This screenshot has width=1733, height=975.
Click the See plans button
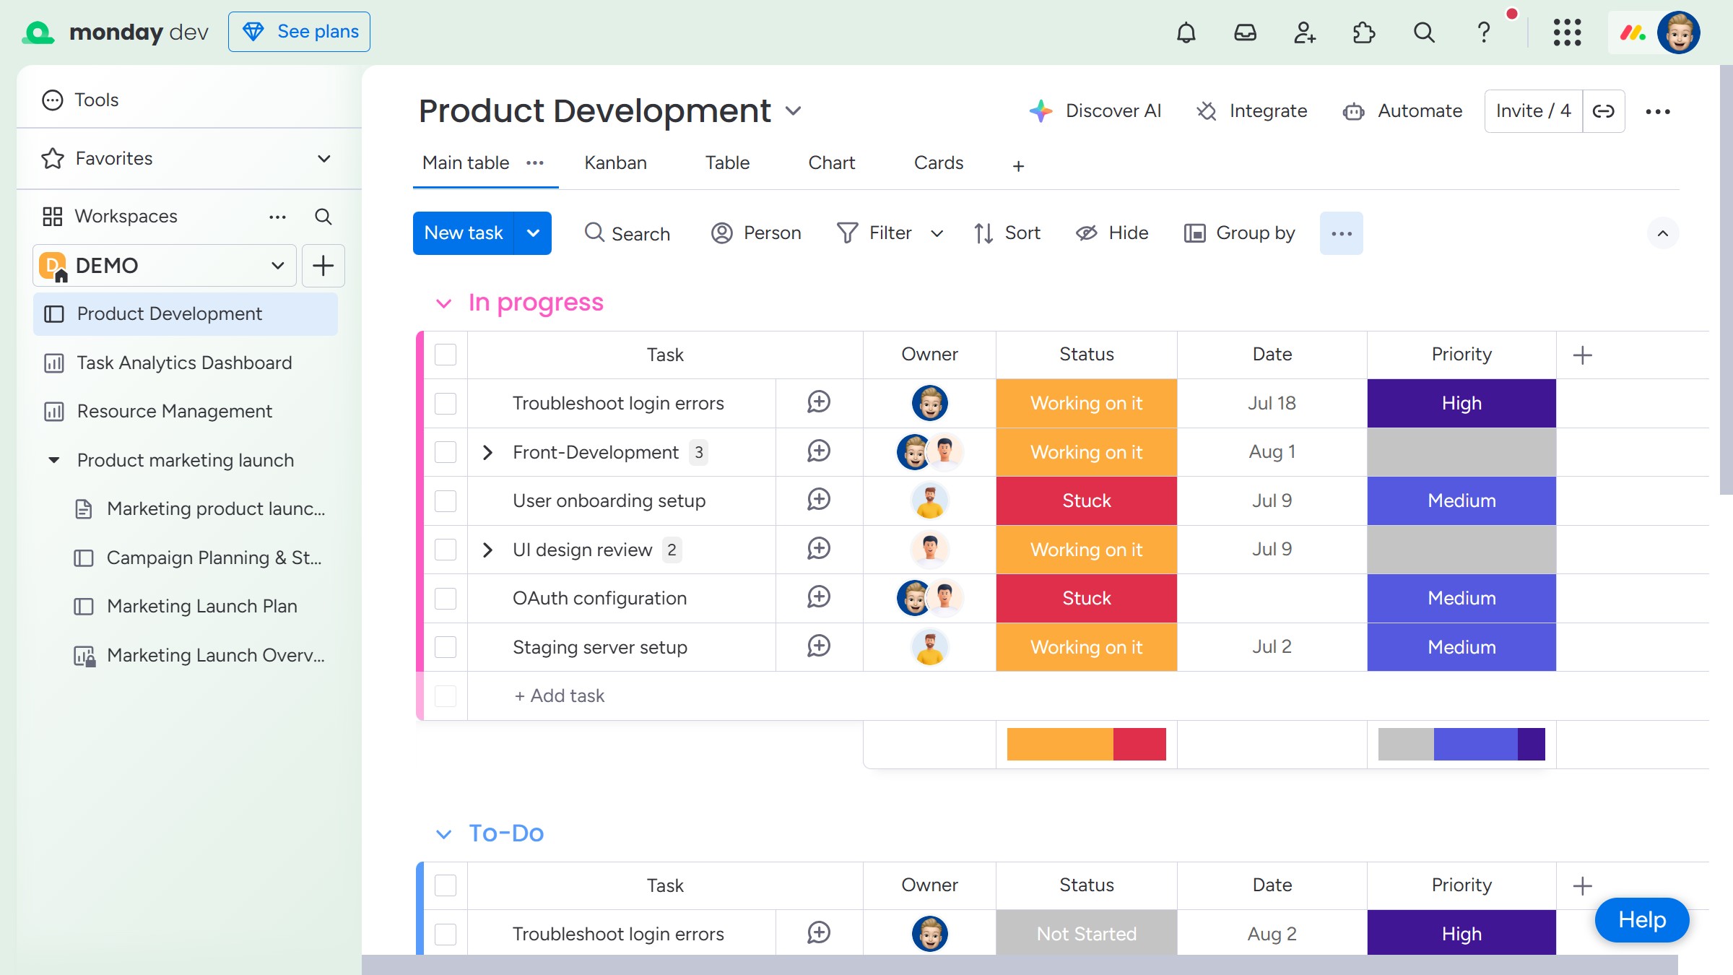click(299, 32)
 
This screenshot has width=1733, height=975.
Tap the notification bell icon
click(1186, 32)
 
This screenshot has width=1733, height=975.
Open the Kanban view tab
click(615, 162)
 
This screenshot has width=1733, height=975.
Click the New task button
click(464, 233)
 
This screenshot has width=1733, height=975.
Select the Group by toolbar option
click(1239, 233)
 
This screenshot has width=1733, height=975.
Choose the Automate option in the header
click(1402, 111)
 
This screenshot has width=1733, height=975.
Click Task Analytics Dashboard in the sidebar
click(184, 363)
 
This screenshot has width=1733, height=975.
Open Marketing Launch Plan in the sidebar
click(201, 606)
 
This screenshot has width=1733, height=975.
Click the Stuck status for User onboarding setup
click(1087, 500)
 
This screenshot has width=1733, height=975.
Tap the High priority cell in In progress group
click(1461, 403)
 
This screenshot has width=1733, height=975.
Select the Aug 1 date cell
click(1272, 452)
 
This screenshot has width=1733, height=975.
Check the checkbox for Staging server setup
click(446, 647)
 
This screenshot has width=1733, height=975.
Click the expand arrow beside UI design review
click(487, 550)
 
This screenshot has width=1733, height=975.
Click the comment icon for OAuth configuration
click(819, 597)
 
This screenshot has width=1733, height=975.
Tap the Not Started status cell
click(1087, 934)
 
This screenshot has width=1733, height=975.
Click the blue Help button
click(1642, 920)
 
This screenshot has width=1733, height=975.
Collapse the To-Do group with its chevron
click(444, 834)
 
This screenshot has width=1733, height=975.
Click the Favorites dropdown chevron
click(324, 158)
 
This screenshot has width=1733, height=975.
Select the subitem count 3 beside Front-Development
click(698, 452)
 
